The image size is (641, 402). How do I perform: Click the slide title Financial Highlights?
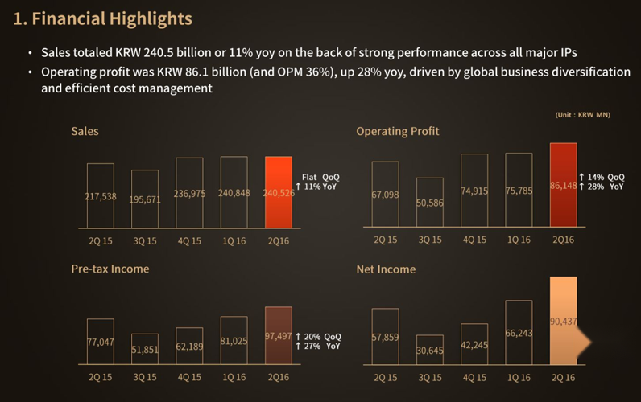coord(103,18)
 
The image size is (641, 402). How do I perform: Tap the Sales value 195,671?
coord(145,199)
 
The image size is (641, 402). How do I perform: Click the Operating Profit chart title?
coord(398,131)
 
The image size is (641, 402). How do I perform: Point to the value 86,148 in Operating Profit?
coord(564,185)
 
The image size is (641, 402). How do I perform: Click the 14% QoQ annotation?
coord(602,177)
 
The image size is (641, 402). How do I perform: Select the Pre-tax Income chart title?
coord(110,269)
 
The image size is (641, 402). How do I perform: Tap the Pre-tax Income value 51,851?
coord(145,350)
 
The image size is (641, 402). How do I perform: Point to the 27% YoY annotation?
coord(319,346)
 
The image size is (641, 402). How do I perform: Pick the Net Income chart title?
coord(386,269)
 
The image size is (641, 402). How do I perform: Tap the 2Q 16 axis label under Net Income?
coord(564,376)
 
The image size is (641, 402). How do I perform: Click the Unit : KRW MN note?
coord(582,115)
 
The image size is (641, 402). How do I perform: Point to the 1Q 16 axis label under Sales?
coord(234,240)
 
